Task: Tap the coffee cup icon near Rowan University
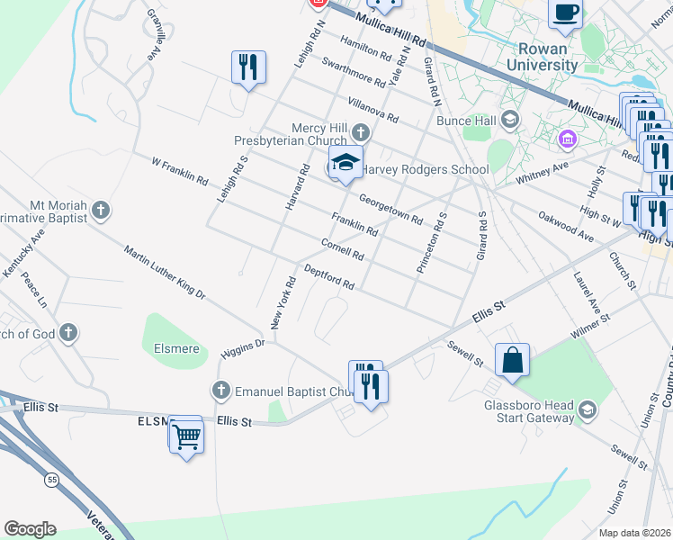[565, 13]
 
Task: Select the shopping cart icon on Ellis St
[187, 437]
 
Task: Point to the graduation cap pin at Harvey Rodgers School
[345, 163]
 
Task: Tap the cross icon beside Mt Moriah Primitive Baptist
[101, 211]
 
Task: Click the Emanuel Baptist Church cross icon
[221, 391]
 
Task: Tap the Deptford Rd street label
[329, 277]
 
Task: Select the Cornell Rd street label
[342, 249]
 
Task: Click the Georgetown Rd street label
[390, 210]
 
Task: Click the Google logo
[30, 529]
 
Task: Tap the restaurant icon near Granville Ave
[247, 67]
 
